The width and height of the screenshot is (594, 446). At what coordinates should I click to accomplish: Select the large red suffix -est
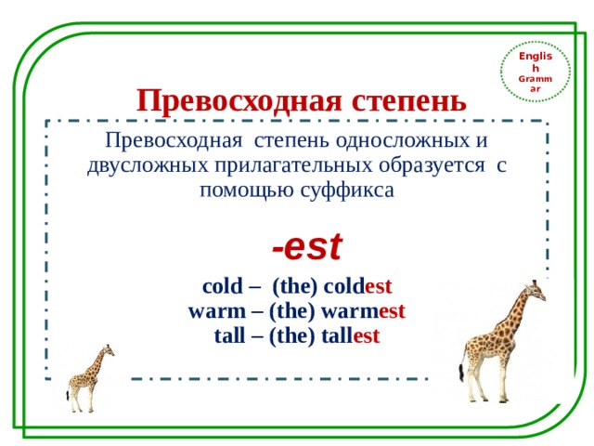307,247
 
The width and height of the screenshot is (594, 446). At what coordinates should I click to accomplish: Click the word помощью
244,190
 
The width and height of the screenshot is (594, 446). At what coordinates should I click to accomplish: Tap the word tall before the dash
230,334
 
